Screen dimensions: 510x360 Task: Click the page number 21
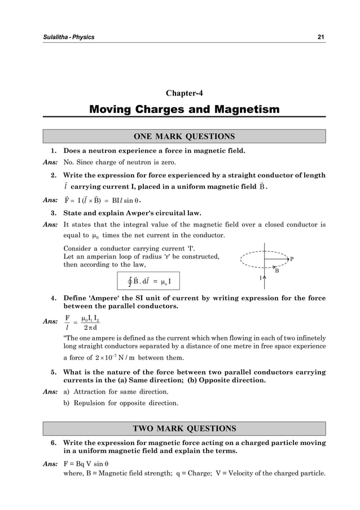tap(321, 37)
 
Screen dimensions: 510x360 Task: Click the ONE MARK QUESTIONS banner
tap(184, 137)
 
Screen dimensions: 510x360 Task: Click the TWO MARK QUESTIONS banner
tap(184, 429)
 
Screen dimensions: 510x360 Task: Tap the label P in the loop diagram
tap(292, 259)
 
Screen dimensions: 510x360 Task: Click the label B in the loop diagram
tap(276, 271)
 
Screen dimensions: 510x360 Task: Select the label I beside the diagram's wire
tap(261, 278)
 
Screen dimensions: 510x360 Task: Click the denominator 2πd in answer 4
tap(89, 327)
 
